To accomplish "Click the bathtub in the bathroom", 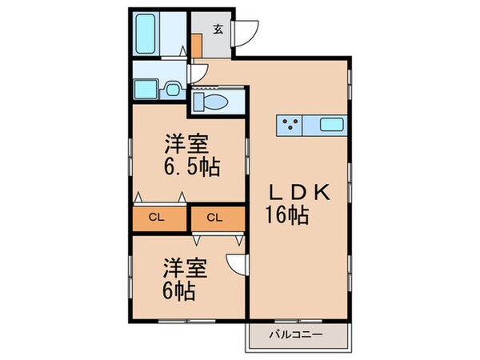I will tap(158, 35).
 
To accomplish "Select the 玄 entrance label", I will tap(218, 30).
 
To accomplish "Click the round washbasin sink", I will tap(172, 87).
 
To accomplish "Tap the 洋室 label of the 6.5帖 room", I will tap(187, 146).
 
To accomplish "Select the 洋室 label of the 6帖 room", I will tap(187, 265).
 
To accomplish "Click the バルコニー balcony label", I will tap(298, 334).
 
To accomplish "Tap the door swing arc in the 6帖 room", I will tap(235, 263).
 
